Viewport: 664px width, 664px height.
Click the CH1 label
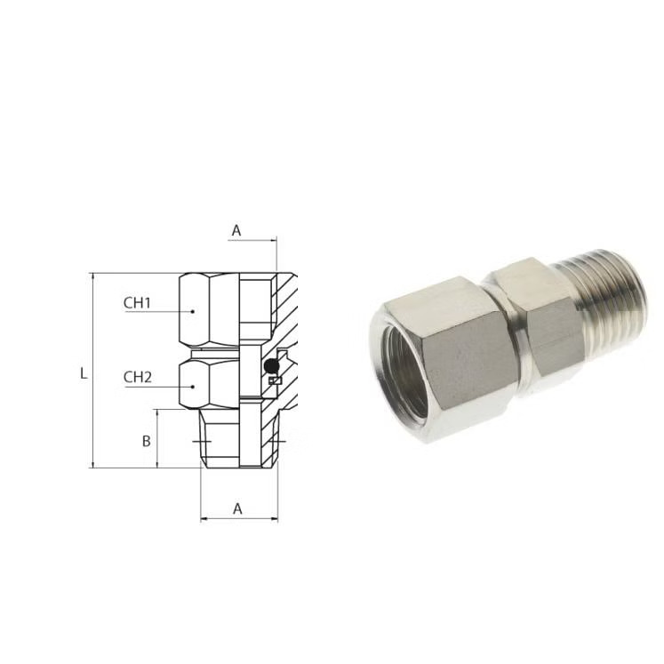137,303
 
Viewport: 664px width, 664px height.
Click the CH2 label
137,377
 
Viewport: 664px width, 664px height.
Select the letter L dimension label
84,373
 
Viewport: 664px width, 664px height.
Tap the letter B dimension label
146,441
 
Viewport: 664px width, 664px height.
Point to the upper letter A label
236,230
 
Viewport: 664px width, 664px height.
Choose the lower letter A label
237,508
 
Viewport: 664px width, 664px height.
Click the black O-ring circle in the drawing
271,364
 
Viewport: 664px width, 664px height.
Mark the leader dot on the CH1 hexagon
193,311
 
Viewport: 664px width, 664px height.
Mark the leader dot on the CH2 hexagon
193,387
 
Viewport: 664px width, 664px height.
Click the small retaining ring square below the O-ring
275,380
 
